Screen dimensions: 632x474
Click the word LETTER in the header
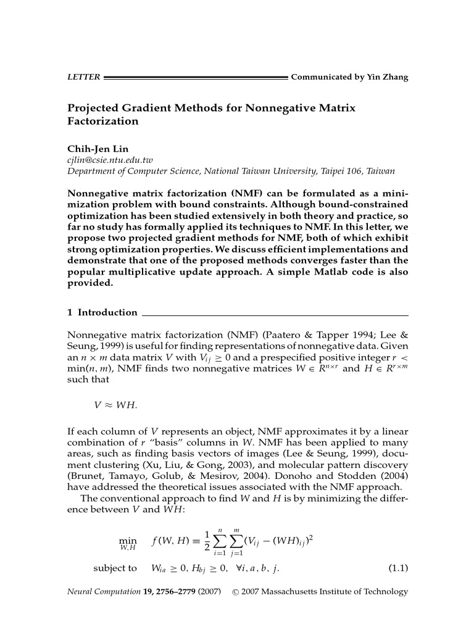tap(83, 77)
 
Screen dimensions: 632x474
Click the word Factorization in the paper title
tap(102, 121)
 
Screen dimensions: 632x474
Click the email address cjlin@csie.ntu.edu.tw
tap(109, 160)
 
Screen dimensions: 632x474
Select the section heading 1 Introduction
tap(102, 312)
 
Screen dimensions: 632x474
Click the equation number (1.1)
tap(397, 567)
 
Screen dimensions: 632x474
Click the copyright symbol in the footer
tap(235, 592)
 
